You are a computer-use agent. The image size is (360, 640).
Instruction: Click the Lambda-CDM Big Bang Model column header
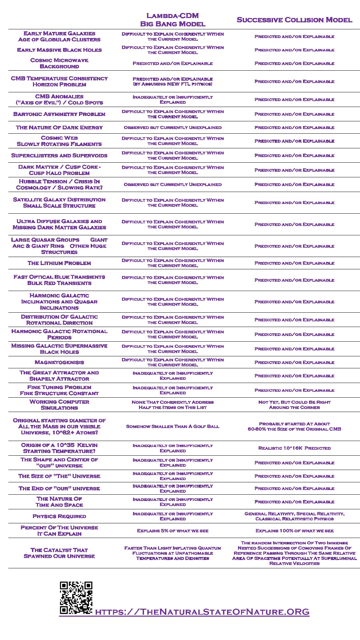click(x=173, y=20)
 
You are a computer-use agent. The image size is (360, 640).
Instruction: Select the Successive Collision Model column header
click(x=294, y=20)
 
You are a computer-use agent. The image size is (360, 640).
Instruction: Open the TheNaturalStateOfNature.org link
click(x=202, y=612)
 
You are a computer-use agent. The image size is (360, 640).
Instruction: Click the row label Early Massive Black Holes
click(x=59, y=50)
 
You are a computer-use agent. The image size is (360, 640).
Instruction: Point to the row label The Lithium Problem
click(x=59, y=263)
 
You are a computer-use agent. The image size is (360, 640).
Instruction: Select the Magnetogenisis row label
click(x=59, y=362)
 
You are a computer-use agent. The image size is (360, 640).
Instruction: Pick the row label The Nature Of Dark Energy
click(x=59, y=127)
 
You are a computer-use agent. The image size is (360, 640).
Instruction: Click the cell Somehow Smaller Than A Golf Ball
click(x=173, y=426)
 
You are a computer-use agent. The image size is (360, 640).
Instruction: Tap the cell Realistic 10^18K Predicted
click(x=294, y=448)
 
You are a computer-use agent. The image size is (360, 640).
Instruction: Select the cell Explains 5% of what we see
click(x=173, y=531)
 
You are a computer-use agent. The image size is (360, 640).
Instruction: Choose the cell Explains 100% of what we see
click(x=294, y=531)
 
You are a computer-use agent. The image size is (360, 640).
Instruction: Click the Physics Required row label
click(x=59, y=516)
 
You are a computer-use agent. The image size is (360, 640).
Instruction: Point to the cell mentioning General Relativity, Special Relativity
click(x=294, y=516)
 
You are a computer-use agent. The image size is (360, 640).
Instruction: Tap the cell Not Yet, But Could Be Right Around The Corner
click(x=294, y=405)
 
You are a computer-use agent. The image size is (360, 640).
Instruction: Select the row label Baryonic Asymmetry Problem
click(x=59, y=114)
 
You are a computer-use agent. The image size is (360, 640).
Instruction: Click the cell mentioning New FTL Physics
click(x=173, y=81)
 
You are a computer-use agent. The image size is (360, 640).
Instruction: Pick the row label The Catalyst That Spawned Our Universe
click(x=59, y=553)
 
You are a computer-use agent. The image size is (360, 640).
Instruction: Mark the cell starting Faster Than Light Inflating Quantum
click(x=173, y=553)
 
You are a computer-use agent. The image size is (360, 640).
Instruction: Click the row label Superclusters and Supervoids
click(x=59, y=155)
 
